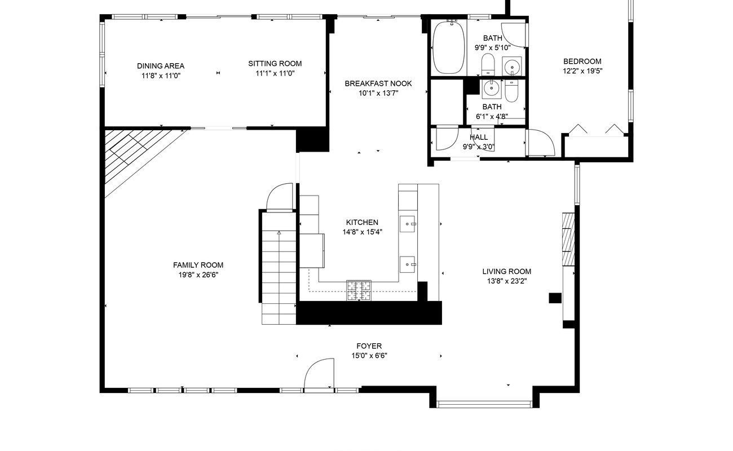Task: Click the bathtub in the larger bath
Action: pos(449,47)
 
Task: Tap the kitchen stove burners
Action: pos(359,290)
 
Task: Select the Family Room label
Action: pos(198,265)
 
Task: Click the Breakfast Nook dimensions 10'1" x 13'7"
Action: pos(378,93)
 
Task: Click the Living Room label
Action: pos(506,271)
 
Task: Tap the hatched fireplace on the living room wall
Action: pos(568,239)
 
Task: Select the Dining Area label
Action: pos(161,66)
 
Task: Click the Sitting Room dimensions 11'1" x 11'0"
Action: pos(275,73)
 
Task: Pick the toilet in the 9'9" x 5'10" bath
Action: pos(488,64)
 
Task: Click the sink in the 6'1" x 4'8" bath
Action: pos(491,88)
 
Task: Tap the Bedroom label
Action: pos(582,61)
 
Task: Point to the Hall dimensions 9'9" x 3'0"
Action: pos(478,147)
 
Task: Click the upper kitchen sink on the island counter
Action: pos(408,224)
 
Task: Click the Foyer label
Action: pos(369,346)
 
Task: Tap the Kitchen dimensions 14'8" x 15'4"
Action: pos(362,232)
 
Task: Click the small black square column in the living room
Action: pos(555,298)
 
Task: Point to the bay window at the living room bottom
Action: pos(485,404)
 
